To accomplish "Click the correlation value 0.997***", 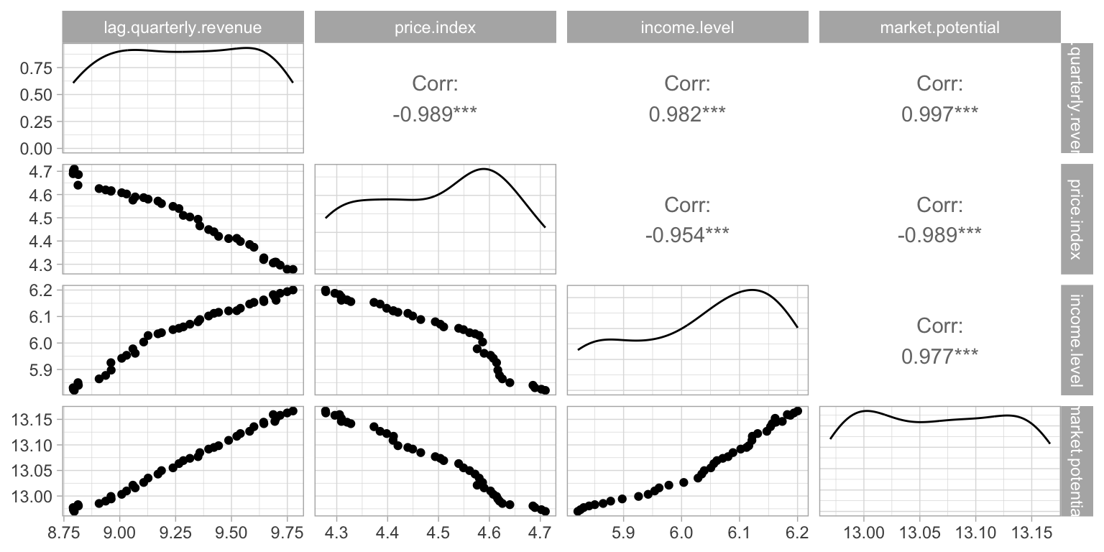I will pos(939,114).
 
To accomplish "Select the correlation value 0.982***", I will pos(687,114).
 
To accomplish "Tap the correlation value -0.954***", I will pos(687,234).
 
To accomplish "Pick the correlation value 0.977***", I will pos(939,355).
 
